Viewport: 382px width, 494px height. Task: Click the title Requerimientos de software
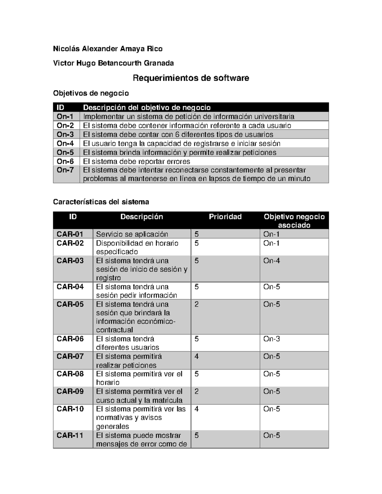click(191, 78)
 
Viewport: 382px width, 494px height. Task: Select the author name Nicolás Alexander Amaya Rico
click(108, 49)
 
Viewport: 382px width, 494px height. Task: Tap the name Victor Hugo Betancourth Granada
click(113, 63)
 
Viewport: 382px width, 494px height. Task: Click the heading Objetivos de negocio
click(91, 93)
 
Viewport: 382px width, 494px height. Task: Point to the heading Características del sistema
click(101, 202)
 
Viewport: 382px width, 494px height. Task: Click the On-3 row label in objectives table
click(65, 134)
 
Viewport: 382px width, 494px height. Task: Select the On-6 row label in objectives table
click(65, 161)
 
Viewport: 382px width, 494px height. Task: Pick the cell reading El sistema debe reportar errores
click(137, 161)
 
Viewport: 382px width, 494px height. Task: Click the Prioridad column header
click(225, 217)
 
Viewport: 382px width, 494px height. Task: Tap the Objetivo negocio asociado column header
click(294, 221)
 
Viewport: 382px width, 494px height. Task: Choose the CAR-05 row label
click(70, 304)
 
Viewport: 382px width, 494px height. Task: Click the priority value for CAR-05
click(196, 304)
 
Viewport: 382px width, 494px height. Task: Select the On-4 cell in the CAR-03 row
click(272, 261)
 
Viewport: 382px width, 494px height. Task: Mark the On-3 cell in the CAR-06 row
click(272, 339)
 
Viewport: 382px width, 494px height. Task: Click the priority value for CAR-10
click(196, 409)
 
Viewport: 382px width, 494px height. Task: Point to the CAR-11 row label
click(70, 435)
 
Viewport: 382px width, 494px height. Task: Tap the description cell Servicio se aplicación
click(132, 234)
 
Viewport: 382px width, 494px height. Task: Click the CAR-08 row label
click(70, 374)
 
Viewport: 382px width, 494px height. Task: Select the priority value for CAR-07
click(196, 357)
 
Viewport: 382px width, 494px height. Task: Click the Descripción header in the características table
click(142, 217)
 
